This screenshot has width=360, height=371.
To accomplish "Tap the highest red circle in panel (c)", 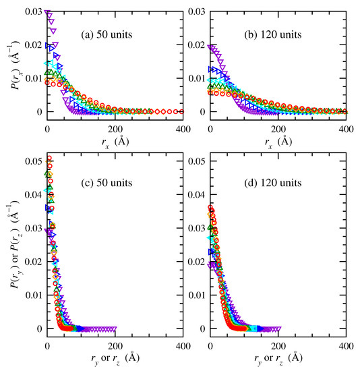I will coord(49,159).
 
